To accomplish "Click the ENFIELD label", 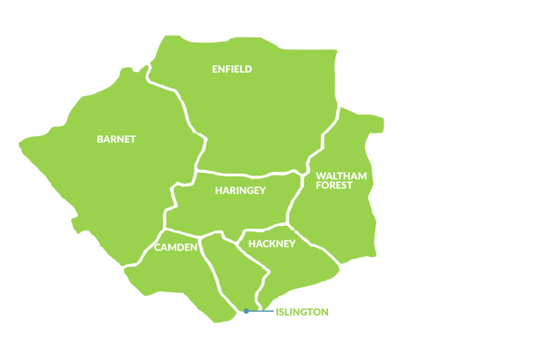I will click(232, 69).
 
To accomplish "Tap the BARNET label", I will click(116, 139).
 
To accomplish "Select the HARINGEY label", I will click(240, 190).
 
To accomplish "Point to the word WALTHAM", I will click(341, 176).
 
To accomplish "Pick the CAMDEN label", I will click(176, 247).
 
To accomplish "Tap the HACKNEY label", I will click(272, 244).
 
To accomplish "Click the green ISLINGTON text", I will click(302, 311).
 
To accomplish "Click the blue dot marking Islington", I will click(246, 311).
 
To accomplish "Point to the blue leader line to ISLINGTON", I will click(261, 311).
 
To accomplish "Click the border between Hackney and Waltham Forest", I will click(317, 247).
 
